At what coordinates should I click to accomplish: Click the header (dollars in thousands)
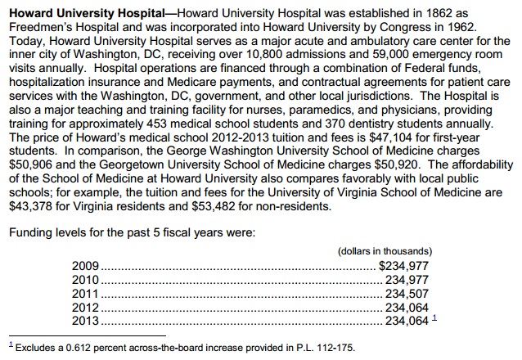(x=385, y=250)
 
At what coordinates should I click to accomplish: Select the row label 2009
(x=85, y=265)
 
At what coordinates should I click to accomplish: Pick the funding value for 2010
(x=407, y=279)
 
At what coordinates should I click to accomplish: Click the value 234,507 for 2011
(x=407, y=293)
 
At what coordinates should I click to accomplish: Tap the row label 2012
(x=85, y=307)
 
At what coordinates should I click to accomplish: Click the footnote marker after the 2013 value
(x=434, y=318)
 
